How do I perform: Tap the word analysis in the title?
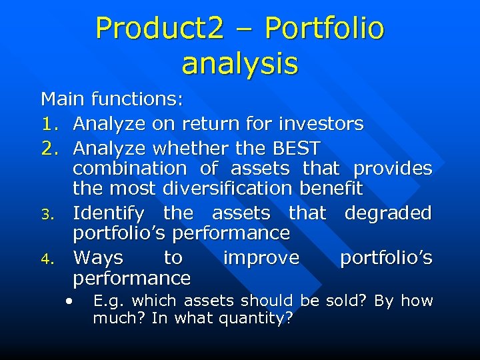[239, 64]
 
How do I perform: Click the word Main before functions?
[63, 100]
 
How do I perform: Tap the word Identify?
[108, 213]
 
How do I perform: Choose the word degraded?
[388, 213]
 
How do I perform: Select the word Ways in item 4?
[98, 257]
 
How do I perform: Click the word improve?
[261, 257]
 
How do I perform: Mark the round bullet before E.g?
[69, 300]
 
